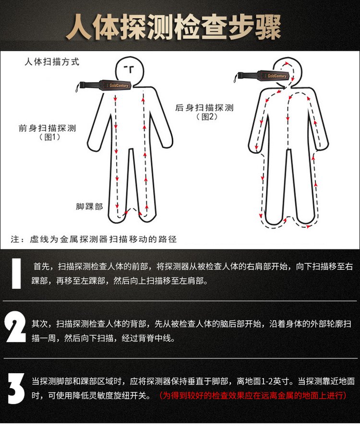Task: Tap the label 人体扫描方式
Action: [x=52, y=62]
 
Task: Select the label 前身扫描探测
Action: [x=47, y=128]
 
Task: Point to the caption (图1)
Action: [x=50, y=137]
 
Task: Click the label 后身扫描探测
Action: [x=204, y=107]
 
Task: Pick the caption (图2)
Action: [x=207, y=117]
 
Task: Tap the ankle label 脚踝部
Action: [x=89, y=206]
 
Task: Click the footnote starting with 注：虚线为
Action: [x=94, y=239]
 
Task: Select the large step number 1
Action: [x=17, y=273]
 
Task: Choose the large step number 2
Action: [x=15, y=327]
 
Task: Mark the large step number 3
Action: [x=16, y=389]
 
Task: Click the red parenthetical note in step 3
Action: [x=253, y=395]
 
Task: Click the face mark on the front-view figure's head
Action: [x=129, y=69]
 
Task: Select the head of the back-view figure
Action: [x=288, y=71]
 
